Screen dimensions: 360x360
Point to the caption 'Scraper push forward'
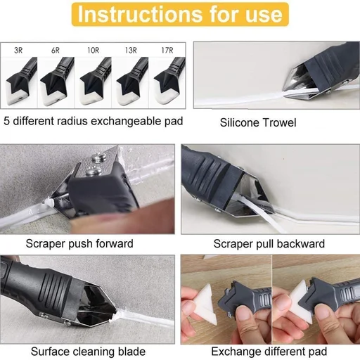pos(79,244)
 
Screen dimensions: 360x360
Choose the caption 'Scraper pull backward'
pos(269,244)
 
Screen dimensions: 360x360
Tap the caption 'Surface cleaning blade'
pos(84,351)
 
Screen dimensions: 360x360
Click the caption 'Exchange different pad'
pos(270,351)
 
